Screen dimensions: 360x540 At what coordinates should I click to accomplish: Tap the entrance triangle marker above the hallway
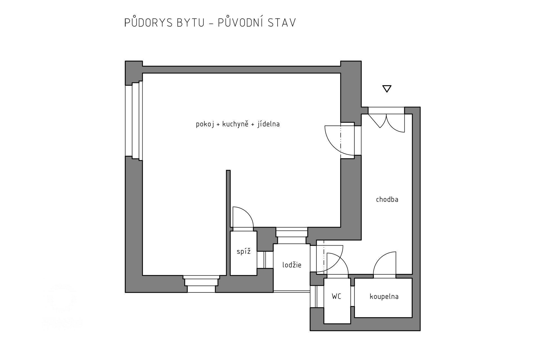pos(387,89)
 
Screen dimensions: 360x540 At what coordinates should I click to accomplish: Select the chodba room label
pos(387,200)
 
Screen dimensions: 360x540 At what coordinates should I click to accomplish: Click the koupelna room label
pos(384,297)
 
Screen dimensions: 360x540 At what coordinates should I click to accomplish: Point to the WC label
pos(336,296)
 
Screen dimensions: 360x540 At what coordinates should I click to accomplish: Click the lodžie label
pos(292,265)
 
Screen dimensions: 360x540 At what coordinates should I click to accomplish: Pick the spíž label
pos(243,252)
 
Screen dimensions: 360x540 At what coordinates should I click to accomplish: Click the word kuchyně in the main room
pos(235,124)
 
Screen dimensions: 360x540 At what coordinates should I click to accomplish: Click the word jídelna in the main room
pos(268,124)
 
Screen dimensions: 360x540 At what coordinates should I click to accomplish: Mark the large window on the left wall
pos(134,121)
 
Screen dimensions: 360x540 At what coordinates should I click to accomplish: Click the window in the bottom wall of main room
pos(201,284)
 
